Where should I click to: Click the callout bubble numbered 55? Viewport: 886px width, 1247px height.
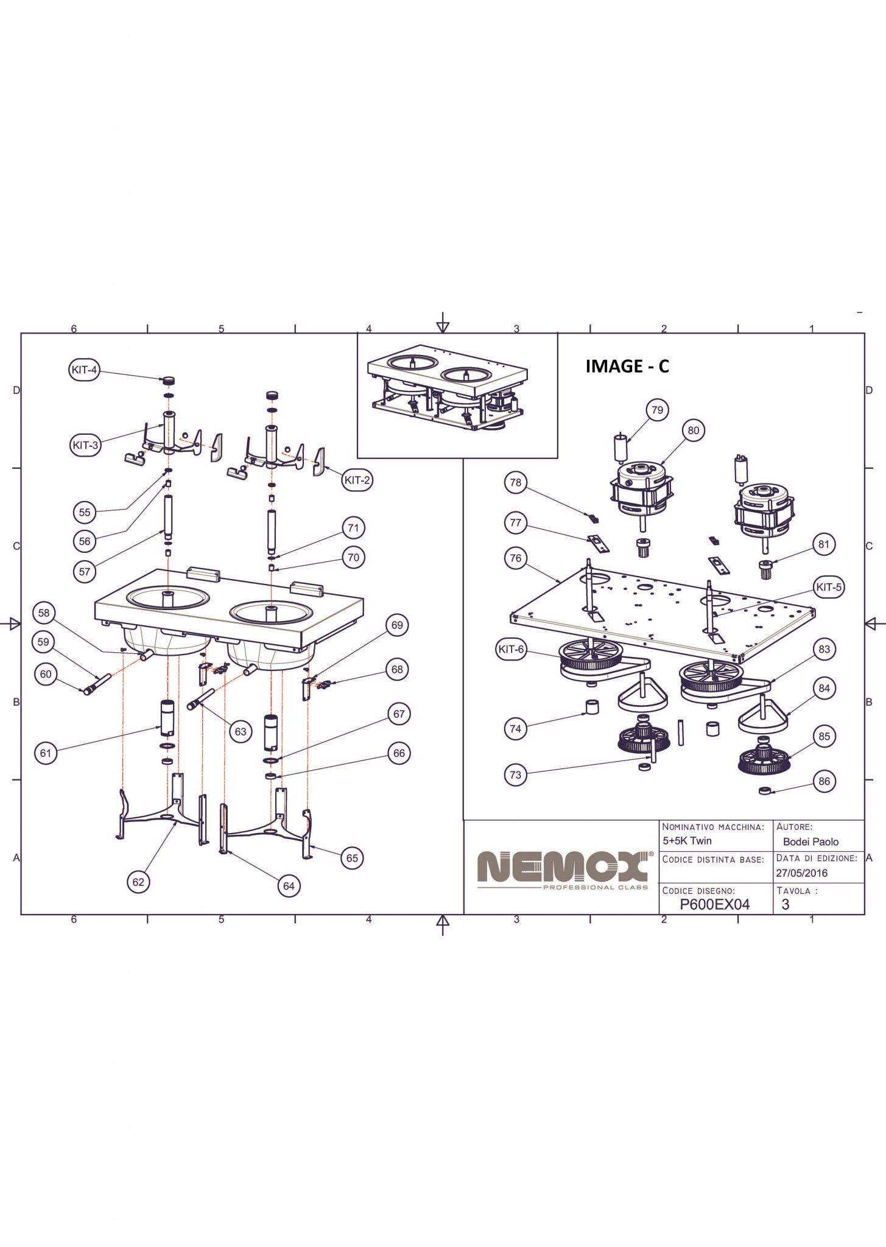[x=85, y=512]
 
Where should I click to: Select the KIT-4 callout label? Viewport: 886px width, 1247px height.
[x=84, y=370]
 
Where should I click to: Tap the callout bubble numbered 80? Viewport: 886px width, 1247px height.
[x=694, y=430]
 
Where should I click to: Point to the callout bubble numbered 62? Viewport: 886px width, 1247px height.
[x=138, y=882]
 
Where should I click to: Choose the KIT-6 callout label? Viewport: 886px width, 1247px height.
[x=511, y=649]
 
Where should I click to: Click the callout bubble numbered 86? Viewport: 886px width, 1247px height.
[x=824, y=781]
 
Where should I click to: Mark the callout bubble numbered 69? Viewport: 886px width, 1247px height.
[x=397, y=625]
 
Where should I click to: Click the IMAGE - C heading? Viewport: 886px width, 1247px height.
[x=627, y=366]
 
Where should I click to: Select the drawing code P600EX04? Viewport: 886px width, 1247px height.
[x=714, y=904]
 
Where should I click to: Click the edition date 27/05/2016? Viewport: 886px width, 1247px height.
[x=801, y=873]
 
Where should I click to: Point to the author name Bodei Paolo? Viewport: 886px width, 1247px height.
[x=810, y=841]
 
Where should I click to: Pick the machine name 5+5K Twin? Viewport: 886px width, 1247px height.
[x=687, y=840]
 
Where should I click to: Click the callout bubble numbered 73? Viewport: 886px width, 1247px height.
[x=516, y=775]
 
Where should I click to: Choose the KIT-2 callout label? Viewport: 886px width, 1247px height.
[x=357, y=480]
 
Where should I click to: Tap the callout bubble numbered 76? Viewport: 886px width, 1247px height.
[x=516, y=558]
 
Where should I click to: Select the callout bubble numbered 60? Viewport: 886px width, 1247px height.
[x=46, y=674]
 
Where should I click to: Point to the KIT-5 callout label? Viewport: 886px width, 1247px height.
[x=828, y=587]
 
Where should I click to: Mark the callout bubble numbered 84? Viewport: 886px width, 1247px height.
[x=824, y=688]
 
